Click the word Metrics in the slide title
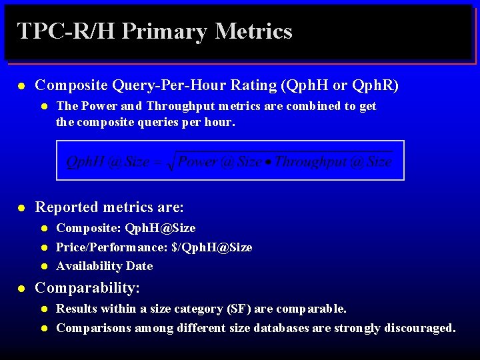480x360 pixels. point(253,31)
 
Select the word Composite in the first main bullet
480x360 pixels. point(72,85)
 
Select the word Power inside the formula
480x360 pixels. point(197,162)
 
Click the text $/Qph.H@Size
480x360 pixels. point(211,247)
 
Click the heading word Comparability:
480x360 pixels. point(87,288)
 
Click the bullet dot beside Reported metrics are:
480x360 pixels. point(22,208)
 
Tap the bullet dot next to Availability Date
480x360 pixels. point(43,267)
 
